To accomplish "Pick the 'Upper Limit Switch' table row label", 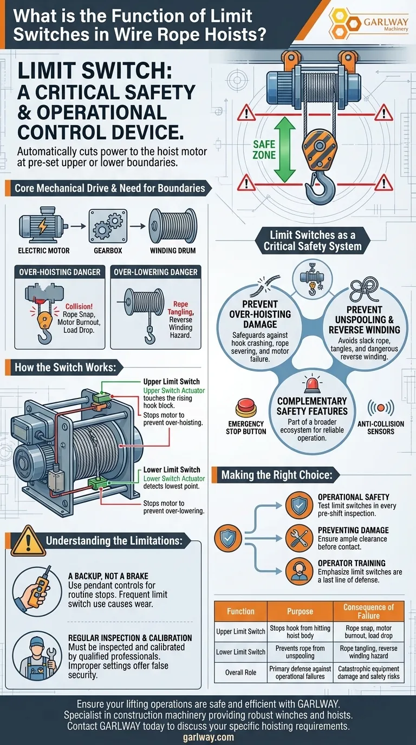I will click(241, 631).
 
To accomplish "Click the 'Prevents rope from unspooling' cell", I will click(300, 652).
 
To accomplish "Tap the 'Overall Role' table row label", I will click(241, 672).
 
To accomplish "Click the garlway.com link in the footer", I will click(209, 737).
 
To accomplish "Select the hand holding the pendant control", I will click(32, 589).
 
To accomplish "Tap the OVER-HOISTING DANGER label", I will click(60, 272).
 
